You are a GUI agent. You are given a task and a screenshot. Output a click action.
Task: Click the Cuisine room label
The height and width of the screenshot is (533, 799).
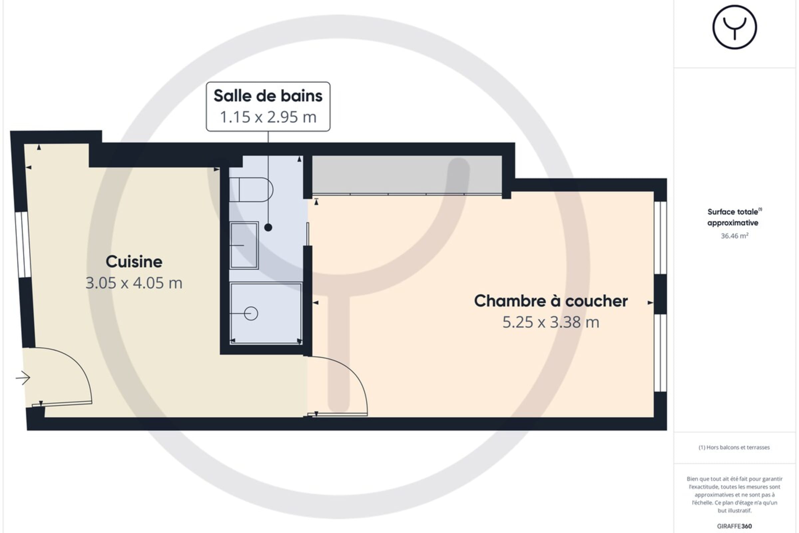click(x=134, y=262)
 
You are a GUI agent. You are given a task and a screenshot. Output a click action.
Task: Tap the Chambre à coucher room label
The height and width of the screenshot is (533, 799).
click(x=551, y=301)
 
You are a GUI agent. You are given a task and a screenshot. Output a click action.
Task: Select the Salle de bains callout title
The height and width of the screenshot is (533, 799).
click(x=268, y=96)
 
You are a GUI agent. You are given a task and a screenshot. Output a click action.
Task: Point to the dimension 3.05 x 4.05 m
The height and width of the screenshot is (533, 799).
click(x=134, y=283)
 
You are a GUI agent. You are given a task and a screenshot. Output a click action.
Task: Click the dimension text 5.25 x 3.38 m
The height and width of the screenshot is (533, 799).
click(x=551, y=322)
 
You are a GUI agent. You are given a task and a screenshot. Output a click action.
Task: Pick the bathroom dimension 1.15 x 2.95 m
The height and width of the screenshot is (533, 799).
click(x=268, y=117)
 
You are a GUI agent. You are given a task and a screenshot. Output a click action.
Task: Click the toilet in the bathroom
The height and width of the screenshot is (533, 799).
click(x=251, y=190)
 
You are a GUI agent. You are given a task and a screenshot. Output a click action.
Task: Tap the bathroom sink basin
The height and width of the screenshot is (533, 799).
click(x=244, y=246)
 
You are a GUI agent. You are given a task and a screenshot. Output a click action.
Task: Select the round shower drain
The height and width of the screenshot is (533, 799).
click(x=251, y=313)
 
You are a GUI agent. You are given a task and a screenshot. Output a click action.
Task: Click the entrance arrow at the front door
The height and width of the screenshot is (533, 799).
click(x=23, y=378)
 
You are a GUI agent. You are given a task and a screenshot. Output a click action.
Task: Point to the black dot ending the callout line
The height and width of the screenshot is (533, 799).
click(x=268, y=228)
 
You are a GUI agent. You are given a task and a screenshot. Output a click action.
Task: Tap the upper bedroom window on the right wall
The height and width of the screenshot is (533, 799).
click(x=661, y=238)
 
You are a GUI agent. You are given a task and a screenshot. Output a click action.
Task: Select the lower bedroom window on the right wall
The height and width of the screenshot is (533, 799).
click(x=661, y=353)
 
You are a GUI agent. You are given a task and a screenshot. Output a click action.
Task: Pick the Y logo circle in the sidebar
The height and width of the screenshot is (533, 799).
click(x=734, y=27)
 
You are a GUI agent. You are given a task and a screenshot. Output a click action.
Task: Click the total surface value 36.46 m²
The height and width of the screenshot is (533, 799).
click(x=734, y=236)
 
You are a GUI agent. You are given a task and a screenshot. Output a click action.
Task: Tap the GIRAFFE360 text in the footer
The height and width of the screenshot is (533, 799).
click(x=734, y=526)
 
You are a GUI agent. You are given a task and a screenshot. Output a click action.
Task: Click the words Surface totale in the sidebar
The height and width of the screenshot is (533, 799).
click(x=733, y=212)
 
